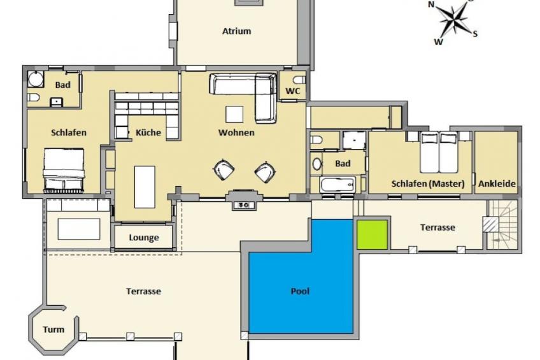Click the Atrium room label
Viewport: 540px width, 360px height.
pos(237,31)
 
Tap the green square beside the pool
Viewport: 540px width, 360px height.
pos(372,234)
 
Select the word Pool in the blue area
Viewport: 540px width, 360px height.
pos(300,291)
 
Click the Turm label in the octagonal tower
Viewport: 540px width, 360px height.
pos(53,329)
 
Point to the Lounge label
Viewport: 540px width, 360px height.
pos(144,238)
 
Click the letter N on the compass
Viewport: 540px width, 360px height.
pos(431,4)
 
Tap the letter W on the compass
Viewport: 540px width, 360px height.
pos(438,42)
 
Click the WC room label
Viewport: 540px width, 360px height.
pos(293,91)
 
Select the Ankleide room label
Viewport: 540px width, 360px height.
pos(497,184)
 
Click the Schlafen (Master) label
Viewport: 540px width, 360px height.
pos(428,184)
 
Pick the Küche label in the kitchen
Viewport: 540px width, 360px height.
pos(148,133)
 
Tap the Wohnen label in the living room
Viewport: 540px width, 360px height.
pos(236,133)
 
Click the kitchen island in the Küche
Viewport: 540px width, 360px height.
pos(145,187)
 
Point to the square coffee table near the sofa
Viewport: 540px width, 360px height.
pos(234,115)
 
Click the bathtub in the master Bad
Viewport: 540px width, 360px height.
pos(337,185)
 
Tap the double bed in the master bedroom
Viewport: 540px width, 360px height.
pos(439,152)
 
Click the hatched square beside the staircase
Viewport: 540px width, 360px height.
pos(490,224)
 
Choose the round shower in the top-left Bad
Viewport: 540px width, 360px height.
pos(36,79)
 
